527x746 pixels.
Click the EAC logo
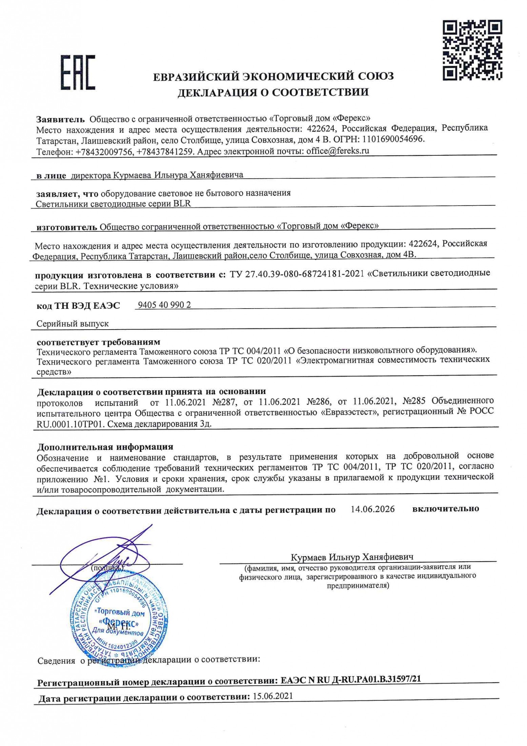78,73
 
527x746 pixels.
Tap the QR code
472,50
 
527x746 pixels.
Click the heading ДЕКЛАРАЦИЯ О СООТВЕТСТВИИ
273,93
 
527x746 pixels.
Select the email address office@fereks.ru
338,151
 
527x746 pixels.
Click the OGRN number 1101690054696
393,139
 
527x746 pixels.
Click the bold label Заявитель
60,119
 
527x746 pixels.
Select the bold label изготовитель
66,227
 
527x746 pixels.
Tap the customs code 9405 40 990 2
164,305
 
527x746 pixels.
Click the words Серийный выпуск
73,323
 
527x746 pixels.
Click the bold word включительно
445,509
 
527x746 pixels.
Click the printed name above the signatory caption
352,557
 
